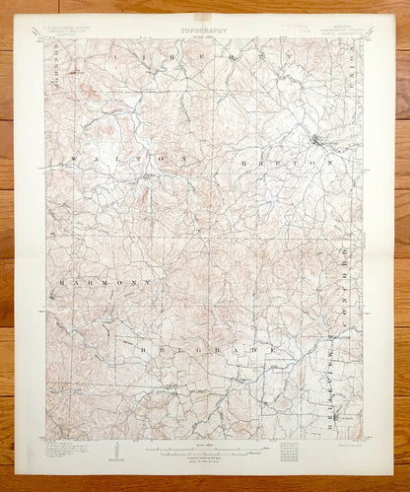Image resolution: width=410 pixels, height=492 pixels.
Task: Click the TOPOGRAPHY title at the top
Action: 204,31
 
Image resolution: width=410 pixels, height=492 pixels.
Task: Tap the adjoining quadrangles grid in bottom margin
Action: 288,453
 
